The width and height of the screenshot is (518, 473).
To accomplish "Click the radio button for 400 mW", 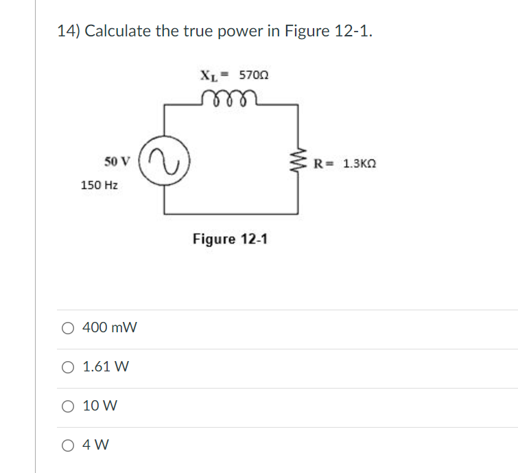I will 68,328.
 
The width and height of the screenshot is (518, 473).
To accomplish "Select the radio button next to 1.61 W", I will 68,367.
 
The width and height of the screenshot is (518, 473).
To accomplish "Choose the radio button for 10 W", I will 68,406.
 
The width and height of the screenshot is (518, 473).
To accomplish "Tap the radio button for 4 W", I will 68,445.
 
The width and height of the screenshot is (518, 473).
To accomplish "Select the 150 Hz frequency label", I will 99,185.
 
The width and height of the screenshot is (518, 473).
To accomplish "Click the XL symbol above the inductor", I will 207,75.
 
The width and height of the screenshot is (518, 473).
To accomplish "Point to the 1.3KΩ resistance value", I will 360,164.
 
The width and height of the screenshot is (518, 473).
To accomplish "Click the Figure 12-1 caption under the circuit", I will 231,239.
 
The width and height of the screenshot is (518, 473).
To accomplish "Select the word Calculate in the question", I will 117,32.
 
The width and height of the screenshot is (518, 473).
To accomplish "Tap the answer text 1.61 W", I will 106,367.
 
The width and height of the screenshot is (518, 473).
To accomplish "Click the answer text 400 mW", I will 110,328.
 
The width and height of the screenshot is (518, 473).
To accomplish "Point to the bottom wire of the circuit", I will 231,212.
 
